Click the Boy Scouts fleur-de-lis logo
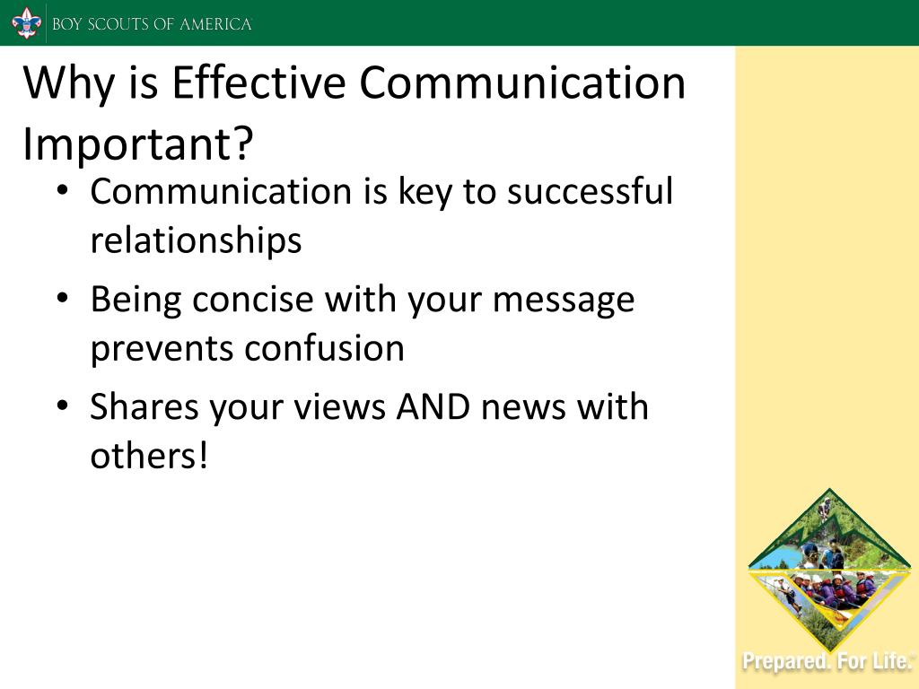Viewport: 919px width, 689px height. [x=26, y=23]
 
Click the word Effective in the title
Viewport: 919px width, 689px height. [x=258, y=83]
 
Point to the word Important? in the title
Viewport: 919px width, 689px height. [x=137, y=144]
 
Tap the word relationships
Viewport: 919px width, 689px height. [x=196, y=240]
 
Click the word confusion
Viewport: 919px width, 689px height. [x=325, y=348]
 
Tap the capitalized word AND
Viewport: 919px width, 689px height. [x=433, y=406]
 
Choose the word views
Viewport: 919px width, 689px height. [x=339, y=406]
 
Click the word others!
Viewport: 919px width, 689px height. [x=149, y=455]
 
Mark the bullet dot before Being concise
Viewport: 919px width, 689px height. [x=63, y=298]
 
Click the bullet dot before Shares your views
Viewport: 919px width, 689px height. [x=63, y=406]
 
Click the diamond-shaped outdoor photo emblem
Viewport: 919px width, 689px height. [x=829, y=568]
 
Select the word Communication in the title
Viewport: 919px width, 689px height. [x=522, y=83]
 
